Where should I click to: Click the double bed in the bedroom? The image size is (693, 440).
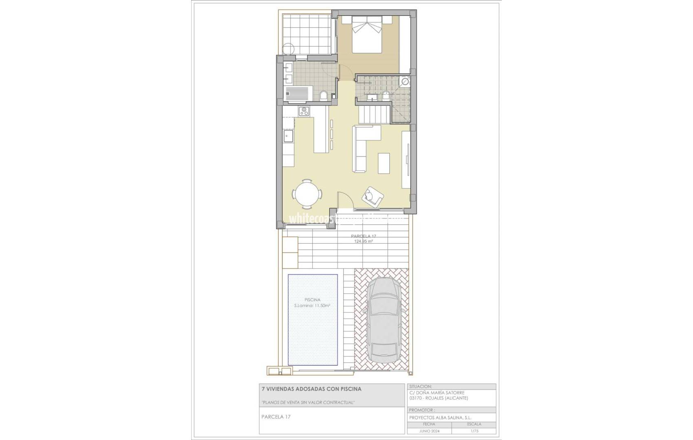367,35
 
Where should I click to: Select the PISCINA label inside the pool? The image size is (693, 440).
312,300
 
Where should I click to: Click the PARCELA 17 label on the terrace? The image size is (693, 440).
363,236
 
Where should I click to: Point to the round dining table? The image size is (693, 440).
307,195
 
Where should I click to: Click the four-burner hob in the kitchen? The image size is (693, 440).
304,111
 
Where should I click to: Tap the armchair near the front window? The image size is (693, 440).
373,196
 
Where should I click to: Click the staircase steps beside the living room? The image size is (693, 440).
374,114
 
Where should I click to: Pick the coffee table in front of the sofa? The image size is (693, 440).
383,163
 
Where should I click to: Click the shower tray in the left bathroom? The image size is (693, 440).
298,93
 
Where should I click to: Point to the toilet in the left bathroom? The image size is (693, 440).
323,96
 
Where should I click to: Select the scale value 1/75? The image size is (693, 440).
474,431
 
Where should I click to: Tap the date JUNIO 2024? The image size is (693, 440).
429,431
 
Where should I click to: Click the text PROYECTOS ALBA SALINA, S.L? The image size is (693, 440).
440,418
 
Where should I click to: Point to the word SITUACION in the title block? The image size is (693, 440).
421,387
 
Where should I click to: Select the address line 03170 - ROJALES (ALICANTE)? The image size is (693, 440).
439,398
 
